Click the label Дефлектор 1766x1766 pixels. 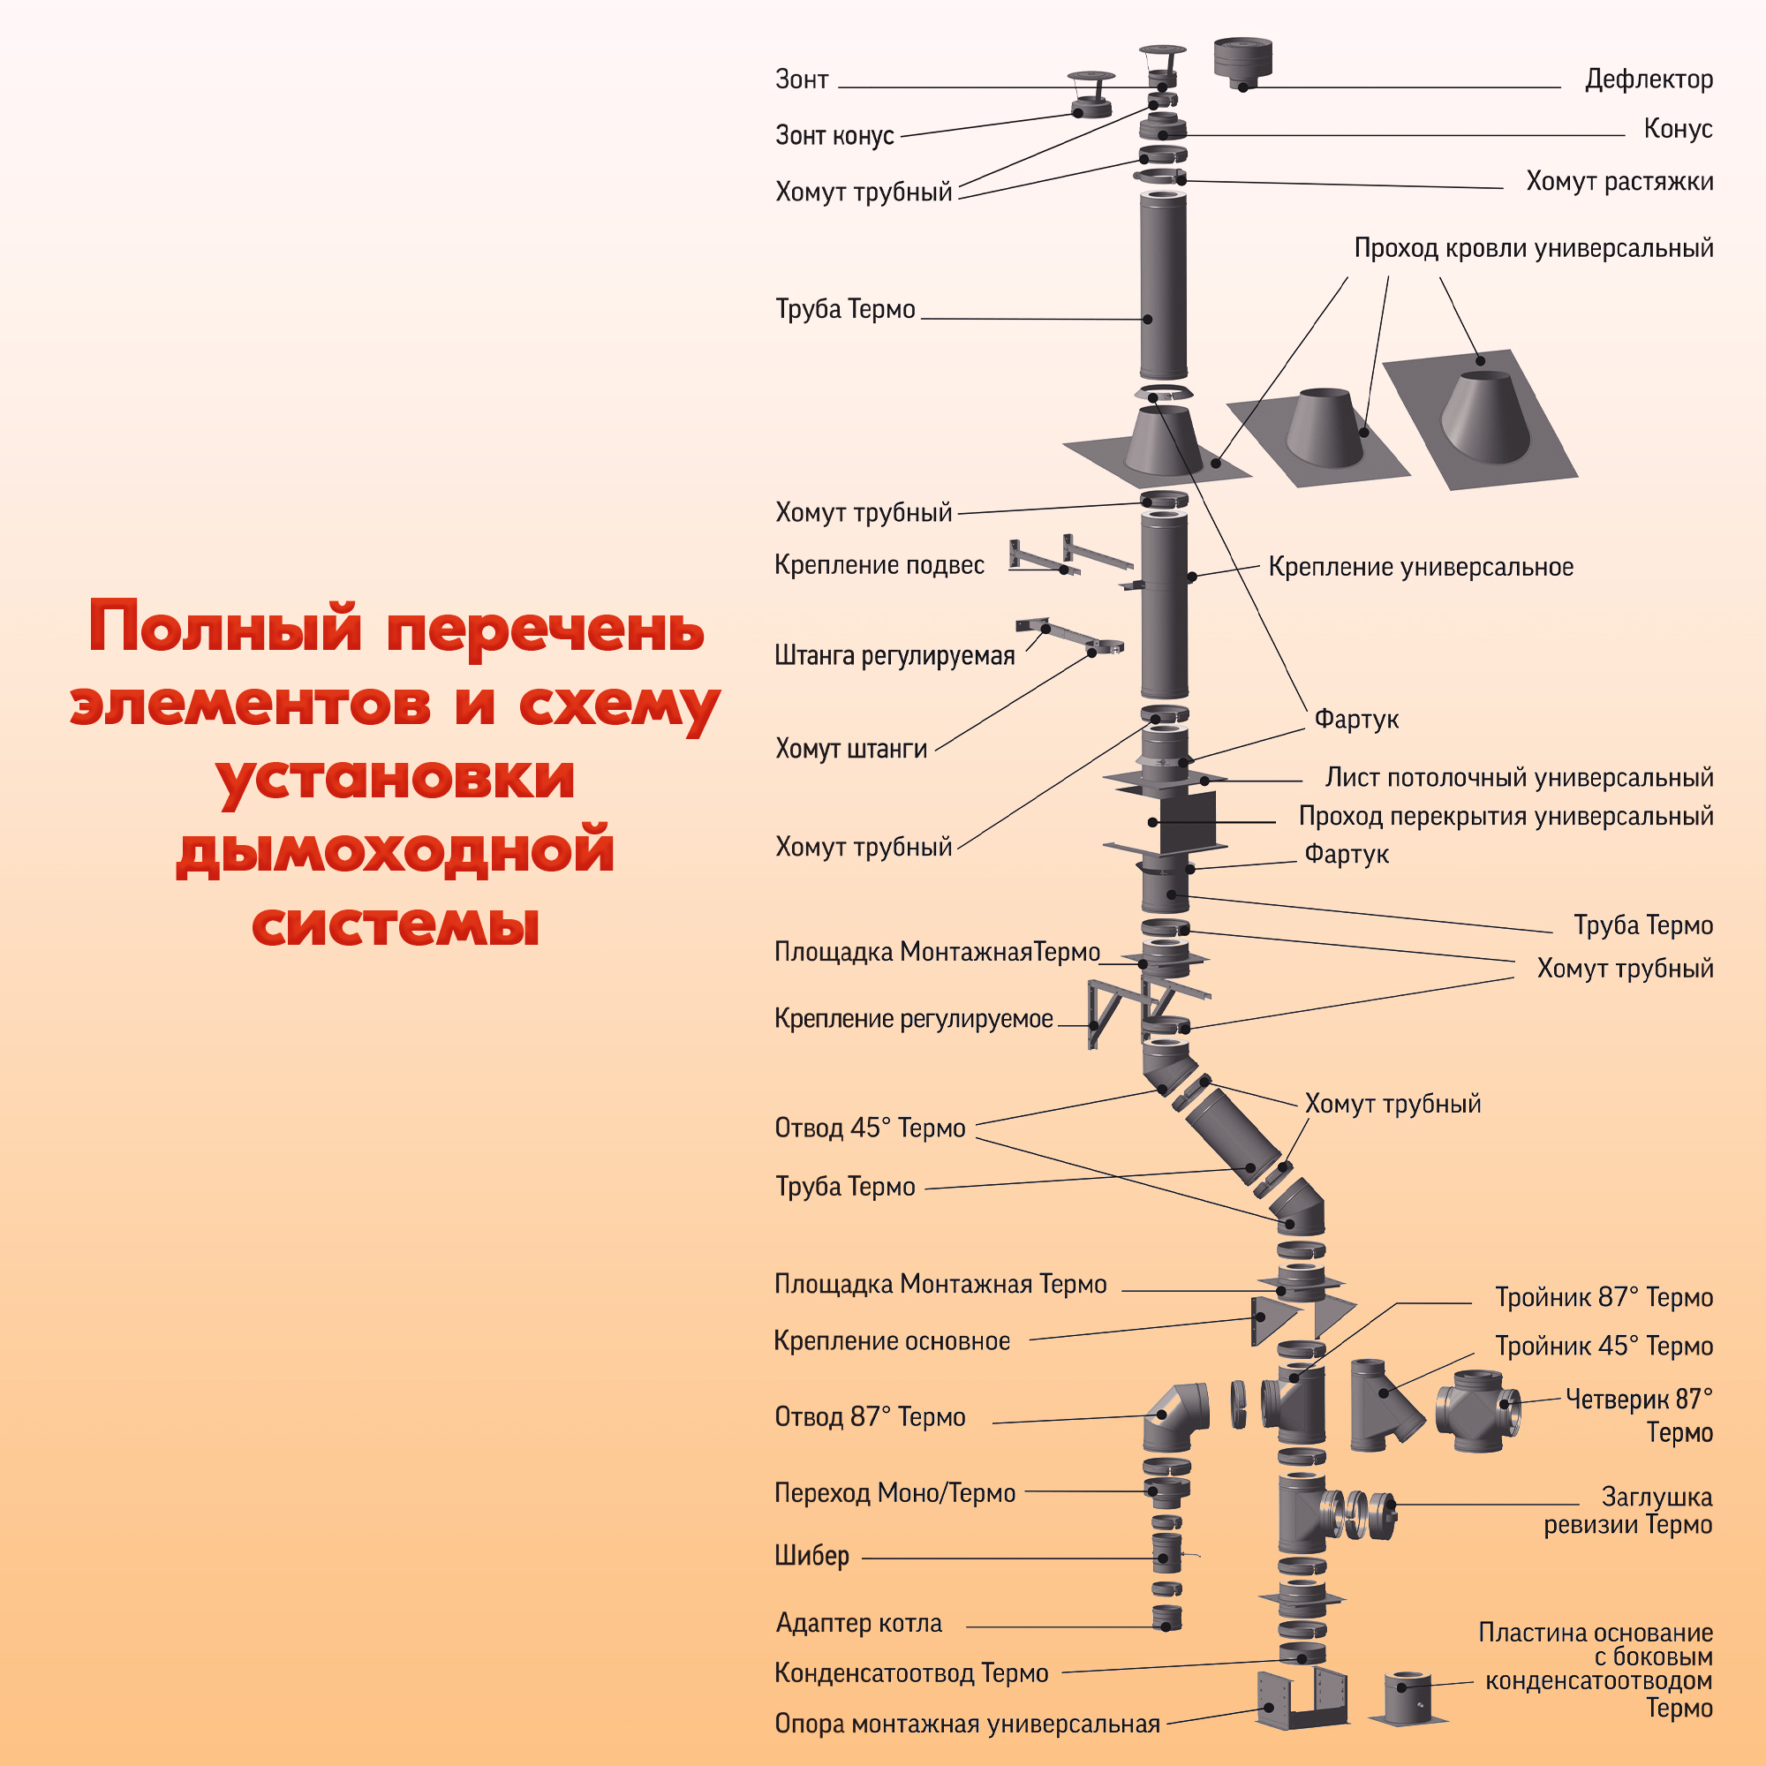[x=1648, y=79]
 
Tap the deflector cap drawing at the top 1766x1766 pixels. [x=1242, y=62]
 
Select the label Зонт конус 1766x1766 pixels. [x=834, y=135]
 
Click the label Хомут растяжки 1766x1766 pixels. [x=1619, y=181]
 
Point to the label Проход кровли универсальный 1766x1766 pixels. [x=1533, y=248]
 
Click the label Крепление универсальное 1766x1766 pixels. [x=1421, y=567]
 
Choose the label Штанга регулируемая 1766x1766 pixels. [x=894, y=655]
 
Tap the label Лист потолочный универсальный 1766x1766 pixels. [x=1518, y=778]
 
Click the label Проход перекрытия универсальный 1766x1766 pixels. [x=1506, y=816]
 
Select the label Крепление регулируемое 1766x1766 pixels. [x=913, y=1018]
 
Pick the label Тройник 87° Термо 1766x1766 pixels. [x=1604, y=1297]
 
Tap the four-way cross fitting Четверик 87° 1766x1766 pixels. [x=1477, y=1411]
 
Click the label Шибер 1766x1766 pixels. [x=811, y=1555]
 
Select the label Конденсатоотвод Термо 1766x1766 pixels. [x=911, y=1672]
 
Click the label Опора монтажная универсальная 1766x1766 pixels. [x=967, y=1723]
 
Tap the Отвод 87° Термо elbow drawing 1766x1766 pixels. [x=1174, y=1417]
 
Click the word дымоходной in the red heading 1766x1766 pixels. [x=395, y=850]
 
